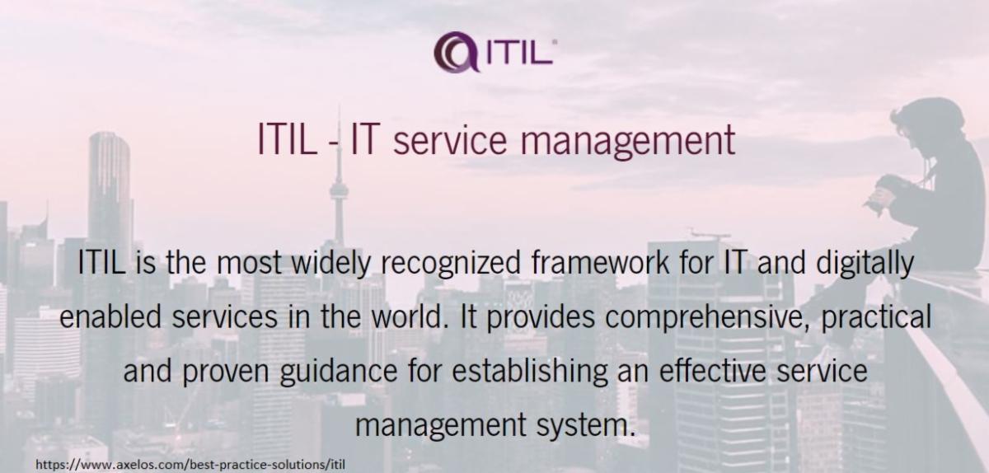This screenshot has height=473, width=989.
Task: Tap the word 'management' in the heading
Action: point(628,141)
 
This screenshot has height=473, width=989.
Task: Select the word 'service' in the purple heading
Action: point(449,141)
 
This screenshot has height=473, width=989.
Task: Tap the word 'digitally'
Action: point(865,263)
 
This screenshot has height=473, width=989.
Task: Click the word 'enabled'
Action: point(110,316)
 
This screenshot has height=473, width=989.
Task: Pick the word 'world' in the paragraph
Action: point(405,316)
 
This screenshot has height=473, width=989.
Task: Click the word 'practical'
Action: point(876,318)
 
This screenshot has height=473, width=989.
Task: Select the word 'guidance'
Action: point(339,372)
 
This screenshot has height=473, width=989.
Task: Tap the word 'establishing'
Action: point(529,372)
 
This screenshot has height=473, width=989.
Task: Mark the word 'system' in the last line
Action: point(585,426)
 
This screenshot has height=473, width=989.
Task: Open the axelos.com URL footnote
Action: point(190,465)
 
